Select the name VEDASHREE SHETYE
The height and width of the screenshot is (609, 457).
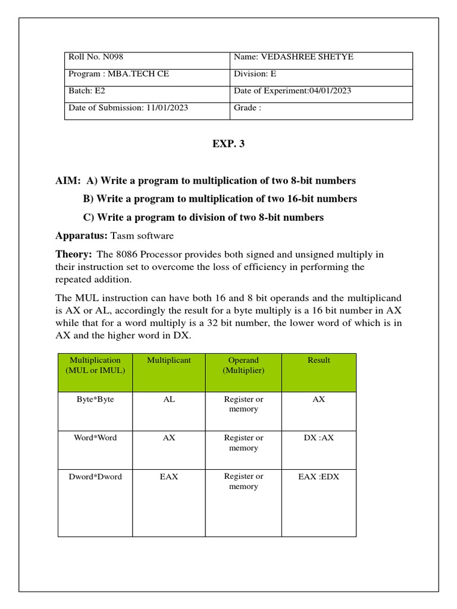pos(302,56)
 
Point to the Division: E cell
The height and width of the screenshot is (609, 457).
pos(255,74)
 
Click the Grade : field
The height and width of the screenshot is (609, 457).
pos(248,108)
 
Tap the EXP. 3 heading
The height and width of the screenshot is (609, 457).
pos(228,143)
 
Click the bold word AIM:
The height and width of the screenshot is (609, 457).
pos(68,180)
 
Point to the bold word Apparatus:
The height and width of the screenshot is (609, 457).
pos(82,236)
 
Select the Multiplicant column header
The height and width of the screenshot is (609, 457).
pos(169,360)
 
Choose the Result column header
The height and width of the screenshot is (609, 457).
pos(319,360)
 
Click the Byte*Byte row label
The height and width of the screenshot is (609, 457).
pos(95,399)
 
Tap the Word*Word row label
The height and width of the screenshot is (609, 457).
pos(95,438)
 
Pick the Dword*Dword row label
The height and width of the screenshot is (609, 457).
pos(95,476)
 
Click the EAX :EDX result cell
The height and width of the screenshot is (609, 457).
pos(319,476)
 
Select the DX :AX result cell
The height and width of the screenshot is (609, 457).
pos(319,438)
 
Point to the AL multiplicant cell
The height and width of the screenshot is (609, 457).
pos(169,399)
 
